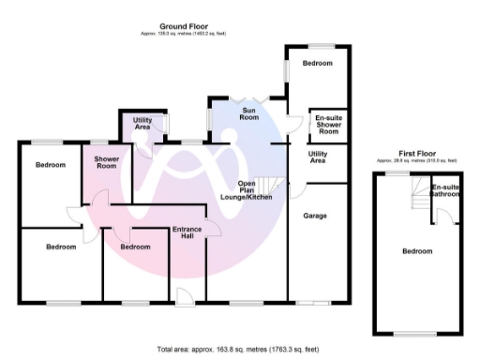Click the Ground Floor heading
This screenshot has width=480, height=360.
(183, 26)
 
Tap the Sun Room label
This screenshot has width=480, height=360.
(249, 114)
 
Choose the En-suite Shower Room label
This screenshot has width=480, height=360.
(327, 126)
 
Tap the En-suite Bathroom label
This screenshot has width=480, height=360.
(445, 192)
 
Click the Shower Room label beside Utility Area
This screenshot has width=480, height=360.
(106, 161)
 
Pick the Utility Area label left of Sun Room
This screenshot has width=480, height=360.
(142, 124)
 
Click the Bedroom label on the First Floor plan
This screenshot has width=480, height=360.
(417, 251)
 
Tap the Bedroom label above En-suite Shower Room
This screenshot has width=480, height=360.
(318, 63)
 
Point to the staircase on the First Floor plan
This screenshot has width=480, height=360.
(412, 195)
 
